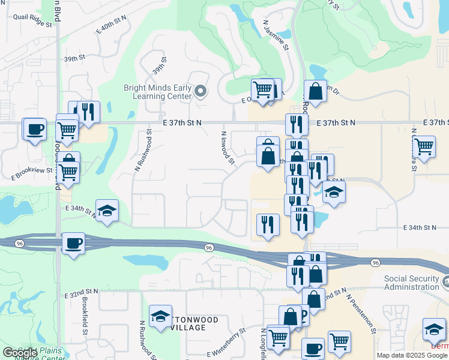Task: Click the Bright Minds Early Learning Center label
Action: click(x=158, y=91)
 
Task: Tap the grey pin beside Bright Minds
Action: click(x=200, y=92)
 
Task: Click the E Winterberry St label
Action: click(x=227, y=343)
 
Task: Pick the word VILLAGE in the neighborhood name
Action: click(x=188, y=328)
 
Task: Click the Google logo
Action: click(x=19, y=353)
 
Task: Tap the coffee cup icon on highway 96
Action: click(x=73, y=243)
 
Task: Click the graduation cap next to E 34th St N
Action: click(x=107, y=210)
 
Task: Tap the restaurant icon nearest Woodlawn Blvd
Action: click(x=88, y=111)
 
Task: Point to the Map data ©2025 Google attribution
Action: click(x=412, y=355)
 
